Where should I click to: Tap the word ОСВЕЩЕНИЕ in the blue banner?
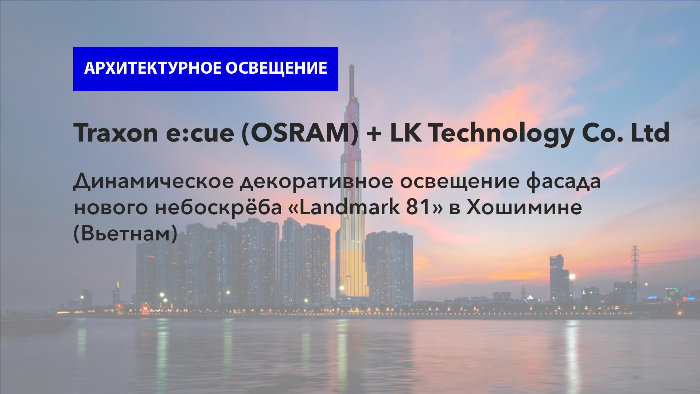(276, 69)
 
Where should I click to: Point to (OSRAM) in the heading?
(300, 134)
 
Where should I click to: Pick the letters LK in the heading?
(403, 133)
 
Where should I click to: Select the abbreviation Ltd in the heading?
(650, 133)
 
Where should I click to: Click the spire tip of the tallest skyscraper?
(352, 65)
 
